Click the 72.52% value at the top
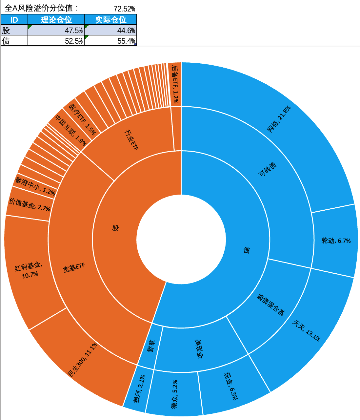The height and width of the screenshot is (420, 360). (124, 9)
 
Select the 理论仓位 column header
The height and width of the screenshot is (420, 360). (56, 20)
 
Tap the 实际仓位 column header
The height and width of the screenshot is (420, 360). (110, 20)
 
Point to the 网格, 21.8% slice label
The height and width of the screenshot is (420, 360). (279, 119)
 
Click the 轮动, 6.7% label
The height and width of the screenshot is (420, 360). (336, 241)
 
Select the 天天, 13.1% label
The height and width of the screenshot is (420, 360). (306, 330)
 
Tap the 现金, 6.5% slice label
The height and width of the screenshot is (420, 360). (231, 386)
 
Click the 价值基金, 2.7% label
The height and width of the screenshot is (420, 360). (30, 205)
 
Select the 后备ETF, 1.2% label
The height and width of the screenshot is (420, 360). (175, 84)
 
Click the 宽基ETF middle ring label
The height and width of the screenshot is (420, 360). (74, 268)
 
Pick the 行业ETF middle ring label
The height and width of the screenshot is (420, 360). (131, 139)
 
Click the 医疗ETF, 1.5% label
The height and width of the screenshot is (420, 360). (82, 120)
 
